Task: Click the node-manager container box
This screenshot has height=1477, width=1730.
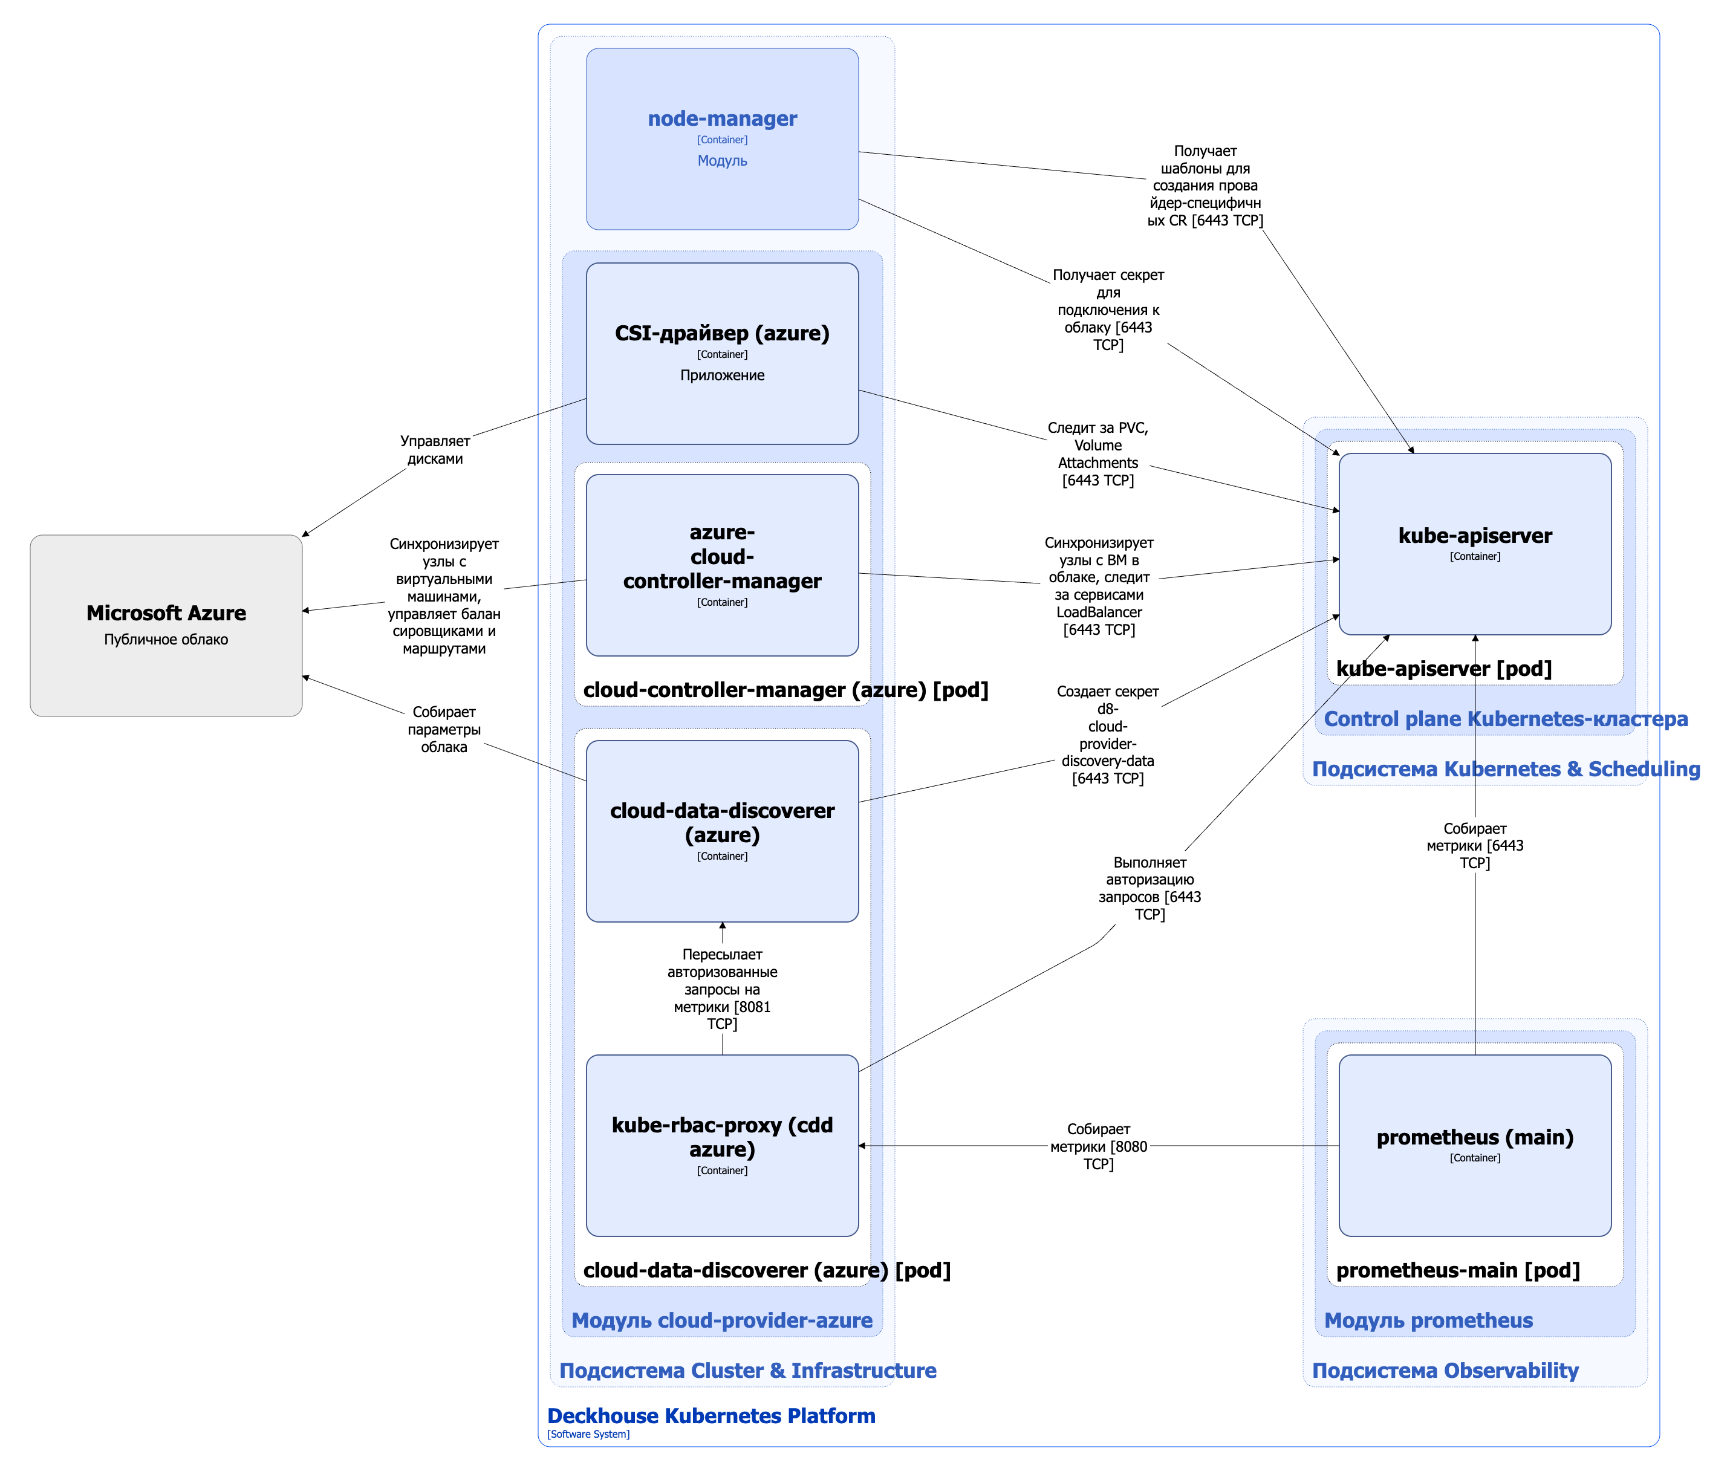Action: pos(721,138)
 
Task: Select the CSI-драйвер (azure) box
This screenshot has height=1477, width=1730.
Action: pos(721,353)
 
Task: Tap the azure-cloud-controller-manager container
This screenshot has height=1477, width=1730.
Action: pos(721,565)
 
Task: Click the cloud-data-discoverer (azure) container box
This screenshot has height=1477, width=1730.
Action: pos(721,831)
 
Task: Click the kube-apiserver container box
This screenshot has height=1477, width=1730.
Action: pos(1474,544)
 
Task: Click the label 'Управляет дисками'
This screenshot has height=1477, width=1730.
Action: pos(434,449)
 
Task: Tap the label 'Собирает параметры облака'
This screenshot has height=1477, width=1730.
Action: pos(443,729)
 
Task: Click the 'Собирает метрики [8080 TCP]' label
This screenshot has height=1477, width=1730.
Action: pos(1098,1146)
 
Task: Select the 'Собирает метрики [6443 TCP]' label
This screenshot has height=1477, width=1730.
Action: pos(1474,845)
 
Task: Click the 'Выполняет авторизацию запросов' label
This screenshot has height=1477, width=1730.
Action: pos(1149,888)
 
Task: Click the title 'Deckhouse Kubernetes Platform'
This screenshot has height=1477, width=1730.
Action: pos(711,1415)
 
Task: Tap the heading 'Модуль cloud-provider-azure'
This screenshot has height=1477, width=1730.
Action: pos(721,1319)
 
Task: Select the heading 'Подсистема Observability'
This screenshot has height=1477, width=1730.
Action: pos(1445,1369)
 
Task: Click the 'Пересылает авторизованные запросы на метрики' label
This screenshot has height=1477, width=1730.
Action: pos(721,988)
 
